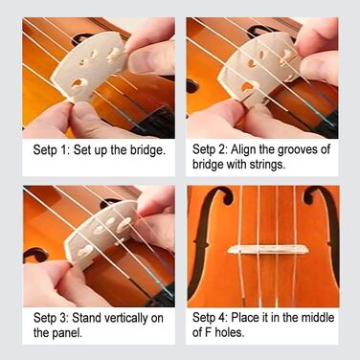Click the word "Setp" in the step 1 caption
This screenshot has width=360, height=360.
44,149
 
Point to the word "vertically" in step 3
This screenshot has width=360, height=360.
129,318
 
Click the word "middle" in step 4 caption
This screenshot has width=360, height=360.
318,318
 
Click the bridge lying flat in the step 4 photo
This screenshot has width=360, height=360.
268,249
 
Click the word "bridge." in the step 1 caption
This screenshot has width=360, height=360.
147,150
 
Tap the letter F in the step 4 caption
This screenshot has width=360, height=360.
208,332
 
